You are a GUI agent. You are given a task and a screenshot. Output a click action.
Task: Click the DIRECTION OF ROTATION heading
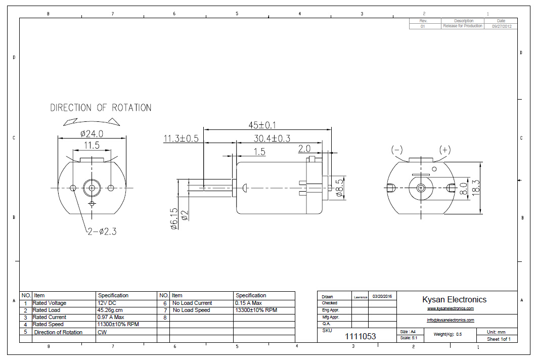(101, 108)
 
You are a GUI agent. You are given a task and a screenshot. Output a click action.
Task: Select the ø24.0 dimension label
(92, 134)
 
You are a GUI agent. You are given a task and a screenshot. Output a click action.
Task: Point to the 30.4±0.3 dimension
(272, 139)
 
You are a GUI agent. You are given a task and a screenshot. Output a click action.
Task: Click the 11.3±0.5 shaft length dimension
(181, 139)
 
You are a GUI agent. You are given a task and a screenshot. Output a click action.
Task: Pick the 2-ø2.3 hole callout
(102, 232)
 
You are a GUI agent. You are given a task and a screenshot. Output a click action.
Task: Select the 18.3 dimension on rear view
(476, 186)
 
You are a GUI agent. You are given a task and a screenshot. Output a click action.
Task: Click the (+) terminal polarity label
(444, 150)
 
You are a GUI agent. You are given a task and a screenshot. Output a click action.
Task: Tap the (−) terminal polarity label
(397, 150)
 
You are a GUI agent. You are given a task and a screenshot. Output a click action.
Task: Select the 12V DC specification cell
(107, 303)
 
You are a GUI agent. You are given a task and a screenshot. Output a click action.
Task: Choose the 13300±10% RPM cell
(256, 310)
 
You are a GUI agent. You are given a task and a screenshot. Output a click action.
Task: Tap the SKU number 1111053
(361, 336)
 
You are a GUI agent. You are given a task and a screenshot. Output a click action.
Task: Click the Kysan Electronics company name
(454, 299)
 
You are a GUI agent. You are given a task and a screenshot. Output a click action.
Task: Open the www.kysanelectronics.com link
(450, 308)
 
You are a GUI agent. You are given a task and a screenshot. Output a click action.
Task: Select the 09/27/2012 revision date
(501, 26)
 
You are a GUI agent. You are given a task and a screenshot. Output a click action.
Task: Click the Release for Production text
(462, 26)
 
